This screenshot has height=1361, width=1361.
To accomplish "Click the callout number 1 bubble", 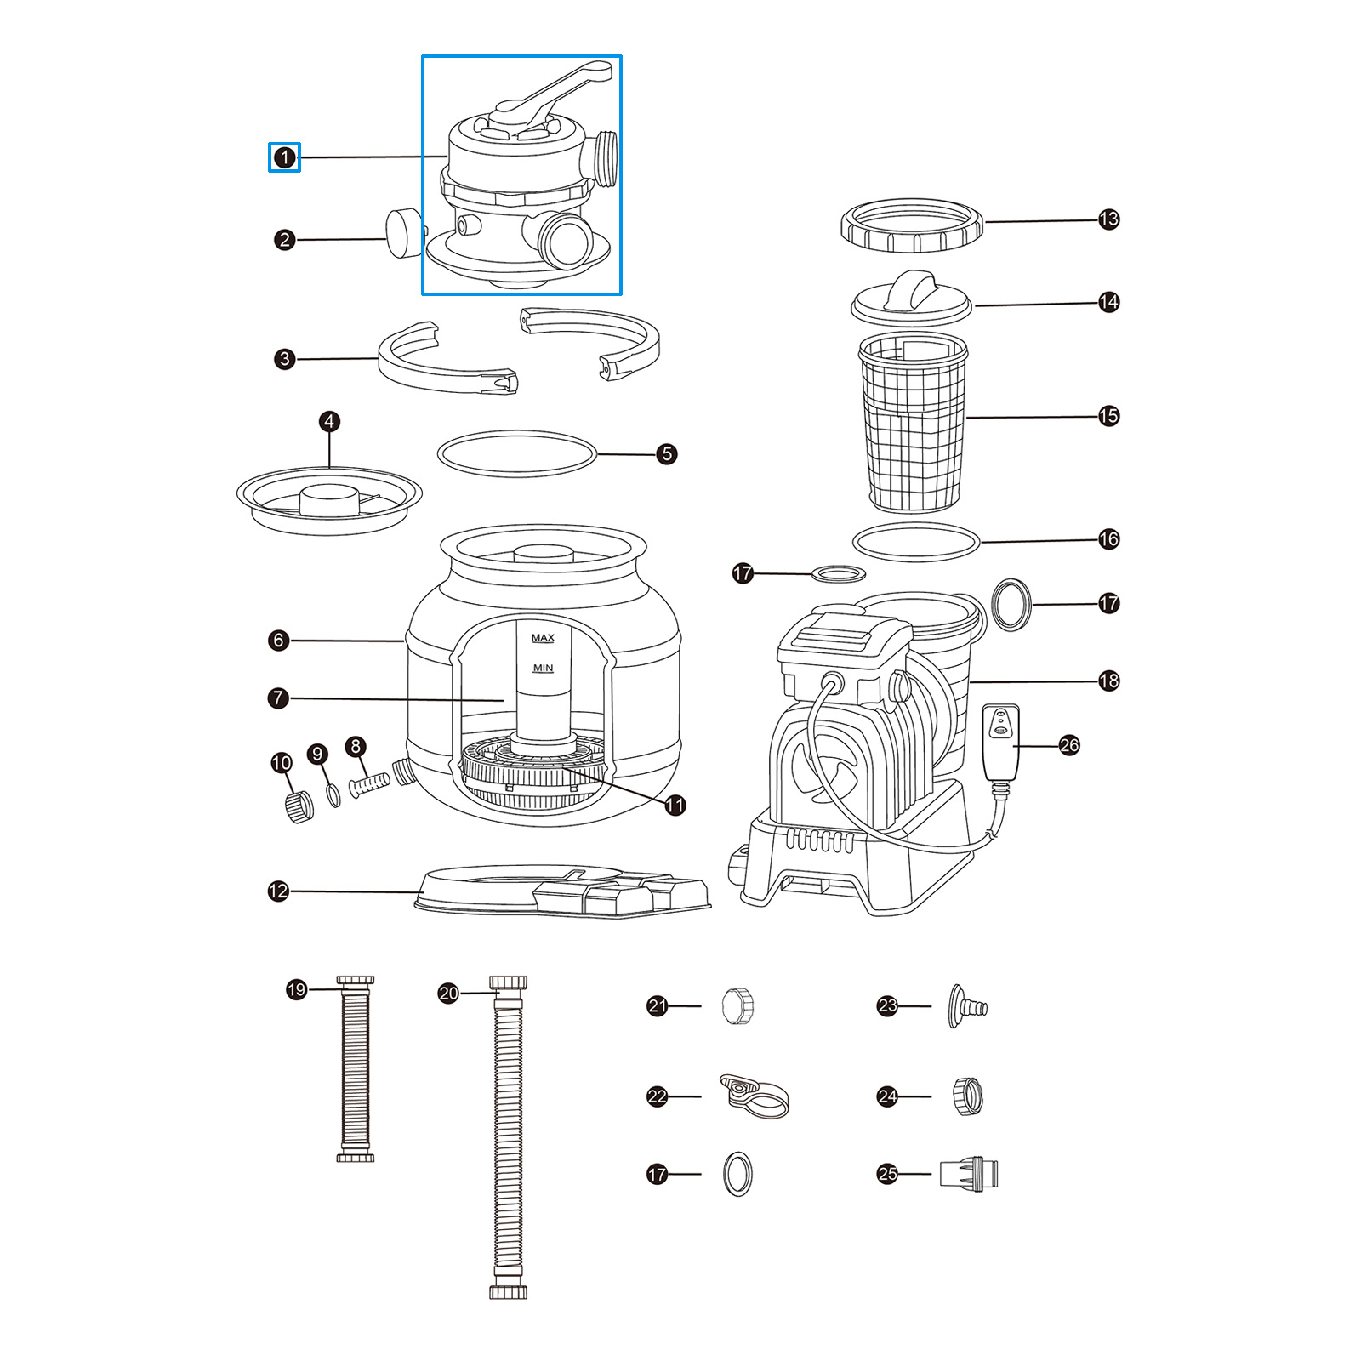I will pyautogui.click(x=284, y=157).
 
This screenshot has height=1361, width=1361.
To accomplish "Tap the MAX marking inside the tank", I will pyautogui.click(x=543, y=638).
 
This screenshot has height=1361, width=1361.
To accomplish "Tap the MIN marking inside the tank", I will pyautogui.click(x=543, y=669).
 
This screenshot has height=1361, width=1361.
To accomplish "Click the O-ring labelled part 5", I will pyautogui.click(x=517, y=453).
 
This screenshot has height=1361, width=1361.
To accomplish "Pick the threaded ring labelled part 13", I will pyautogui.click(x=912, y=226).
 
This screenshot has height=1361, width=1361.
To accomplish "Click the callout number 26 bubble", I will pyautogui.click(x=1069, y=746).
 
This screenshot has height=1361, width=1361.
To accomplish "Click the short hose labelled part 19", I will pyautogui.click(x=356, y=1070).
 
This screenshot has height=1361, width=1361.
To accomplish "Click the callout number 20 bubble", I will pyautogui.click(x=448, y=993).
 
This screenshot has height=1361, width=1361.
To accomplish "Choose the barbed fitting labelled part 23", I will pyautogui.click(x=967, y=1007).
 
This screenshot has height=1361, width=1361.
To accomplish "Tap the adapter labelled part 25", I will pyautogui.click(x=969, y=1174).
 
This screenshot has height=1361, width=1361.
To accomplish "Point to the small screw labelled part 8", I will pyautogui.click(x=369, y=781).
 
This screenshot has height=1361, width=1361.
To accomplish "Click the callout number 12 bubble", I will pyautogui.click(x=278, y=891).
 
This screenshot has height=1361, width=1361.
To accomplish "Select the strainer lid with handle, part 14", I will pyautogui.click(x=911, y=299).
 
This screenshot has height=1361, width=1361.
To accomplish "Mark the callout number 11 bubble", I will pyautogui.click(x=675, y=805).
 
